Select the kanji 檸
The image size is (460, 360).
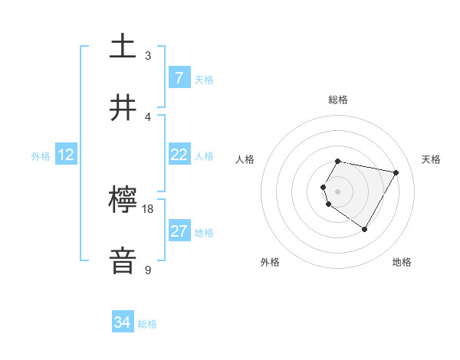pyautogui.click(x=123, y=201)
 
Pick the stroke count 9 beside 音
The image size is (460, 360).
pyautogui.click(x=148, y=270)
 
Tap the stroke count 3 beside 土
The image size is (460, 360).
pyautogui.click(x=148, y=56)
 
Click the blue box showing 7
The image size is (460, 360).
pyautogui.click(x=179, y=78)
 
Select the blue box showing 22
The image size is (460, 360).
pyautogui.click(x=179, y=155)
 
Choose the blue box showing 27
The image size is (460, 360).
pyautogui.click(x=179, y=231)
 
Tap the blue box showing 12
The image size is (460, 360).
pyautogui.click(x=66, y=155)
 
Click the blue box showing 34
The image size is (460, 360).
pyautogui.click(x=123, y=323)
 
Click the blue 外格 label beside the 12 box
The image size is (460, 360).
pyautogui.click(x=41, y=156)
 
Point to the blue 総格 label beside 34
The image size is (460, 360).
pyautogui.click(x=147, y=324)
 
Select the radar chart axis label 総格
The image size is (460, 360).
pyautogui.click(x=338, y=100)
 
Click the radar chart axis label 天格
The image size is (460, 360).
pyautogui.click(x=432, y=159)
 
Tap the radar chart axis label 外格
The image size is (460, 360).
pyautogui.click(x=270, y=262)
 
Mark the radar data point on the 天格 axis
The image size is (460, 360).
pyautogui.click(x=396, y=173)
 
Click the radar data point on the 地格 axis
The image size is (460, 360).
pyautogui.click(x=364, y=229)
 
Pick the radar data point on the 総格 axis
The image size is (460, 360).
pyautogui.click(x=338, y=162)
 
